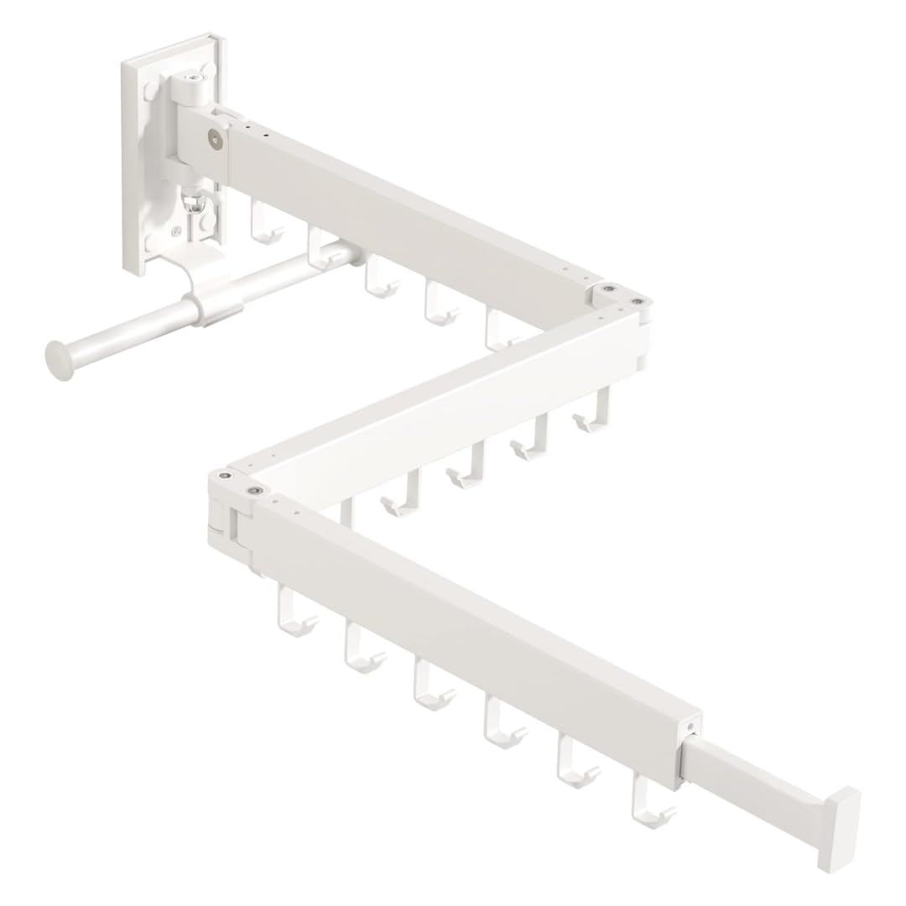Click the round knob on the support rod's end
point(59,360)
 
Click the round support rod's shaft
point(126,331)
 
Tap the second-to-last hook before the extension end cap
point(577,764)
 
